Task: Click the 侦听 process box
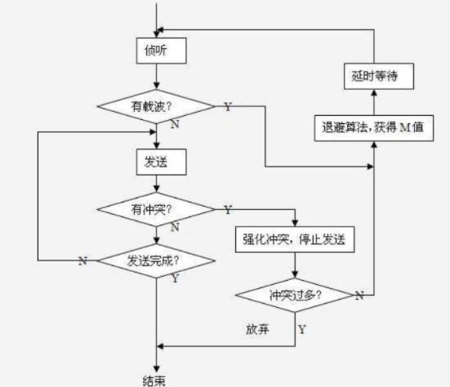[x=161, y=51]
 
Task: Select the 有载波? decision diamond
[x=156, y=106]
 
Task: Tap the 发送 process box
[x=161, y=162]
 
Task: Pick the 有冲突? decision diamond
[x=156, y=210]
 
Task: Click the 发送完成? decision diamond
[x=156, y=260]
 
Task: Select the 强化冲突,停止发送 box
[x=295, y=239]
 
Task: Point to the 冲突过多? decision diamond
[x=295, y=296]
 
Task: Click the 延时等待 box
[x=379, y=76]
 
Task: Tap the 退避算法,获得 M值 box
[x=374, y=128]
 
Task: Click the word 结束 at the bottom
[x=154, y=380]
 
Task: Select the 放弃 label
[x=257, y=329]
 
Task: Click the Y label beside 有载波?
[x=228, y=107]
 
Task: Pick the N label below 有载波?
[x=175, y=124]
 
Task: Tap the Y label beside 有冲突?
[x=228, y=210]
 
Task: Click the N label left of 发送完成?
[x=82, y=261]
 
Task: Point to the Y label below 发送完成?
[x=176, y=278]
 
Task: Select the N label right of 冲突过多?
[x=359, y=296]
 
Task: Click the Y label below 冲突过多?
[x=302, y=329]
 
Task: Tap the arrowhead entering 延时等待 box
[x=374, y=92]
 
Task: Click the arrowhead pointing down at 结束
[x=157, y=369]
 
